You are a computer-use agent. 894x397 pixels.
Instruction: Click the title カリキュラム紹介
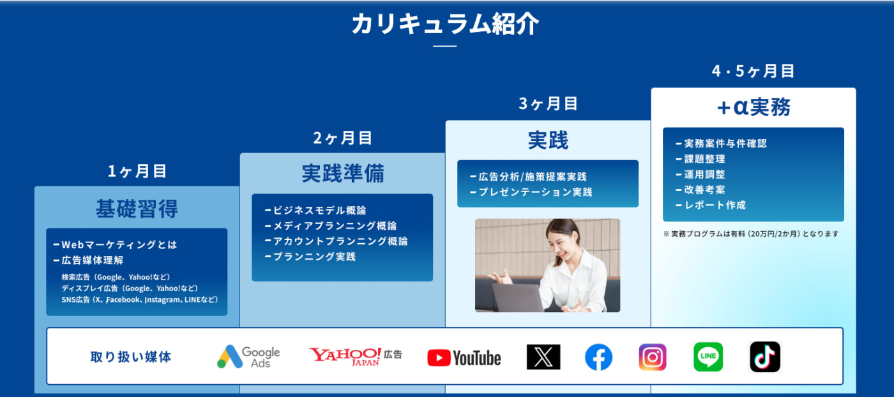pyautogui.click(x=445, y=24)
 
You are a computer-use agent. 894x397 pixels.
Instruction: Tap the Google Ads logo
pyautogui.click(x=248, y=357)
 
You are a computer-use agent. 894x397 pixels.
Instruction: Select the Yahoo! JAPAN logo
pyautogui.click(x=355, y=356)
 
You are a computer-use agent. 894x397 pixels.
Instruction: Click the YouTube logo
pyautogui.click(x=464, y=358)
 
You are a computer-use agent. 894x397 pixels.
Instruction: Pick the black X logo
pyautogui.click(x=543, y=357)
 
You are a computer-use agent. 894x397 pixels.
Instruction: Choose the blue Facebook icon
pyautogui.click(x=598, y=357)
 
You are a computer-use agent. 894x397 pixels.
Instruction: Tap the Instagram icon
pyautogui.click(x=653, y=357)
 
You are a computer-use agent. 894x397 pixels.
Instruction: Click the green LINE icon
pyautogui.click(x=708, y=357)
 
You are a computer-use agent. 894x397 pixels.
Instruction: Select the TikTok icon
pyautogui.click(x=765, y=357)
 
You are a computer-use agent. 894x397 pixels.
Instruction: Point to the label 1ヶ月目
pyautogui.click(x=137, y=171)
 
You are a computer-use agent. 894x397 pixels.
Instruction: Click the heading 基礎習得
pyautogui.click(x=137, y=209)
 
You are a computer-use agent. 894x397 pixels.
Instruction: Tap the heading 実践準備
pyautogui.click(x=343, y=173)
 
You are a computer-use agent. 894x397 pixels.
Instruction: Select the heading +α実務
pyautogui.click(x=754, y=107)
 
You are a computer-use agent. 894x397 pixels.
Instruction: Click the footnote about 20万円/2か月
pyautogui.click(x=751, y=234)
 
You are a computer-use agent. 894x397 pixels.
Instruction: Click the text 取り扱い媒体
pyautogui.click(x=130, y=357)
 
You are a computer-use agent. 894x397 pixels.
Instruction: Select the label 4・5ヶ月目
pyautogui.click(x=753, y=71)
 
